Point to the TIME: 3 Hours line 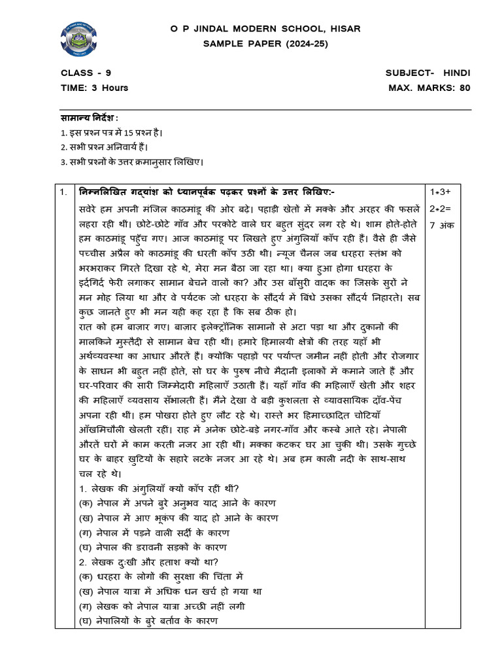pyautogui.click(x=94, y=87)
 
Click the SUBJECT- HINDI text pyautogui.click(x=427, y=73)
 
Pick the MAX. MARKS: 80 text pyautogui.click(x=429, y=87)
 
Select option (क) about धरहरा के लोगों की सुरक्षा pyautogui.click(x=161, y=576)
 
